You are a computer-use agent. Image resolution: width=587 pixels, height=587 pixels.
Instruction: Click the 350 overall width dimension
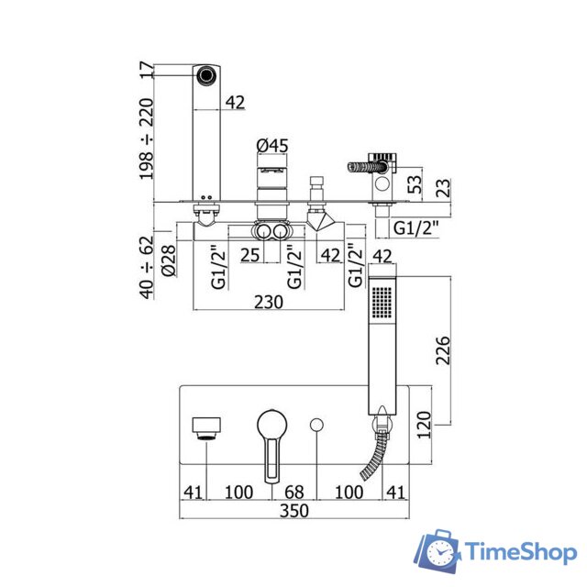point(294,511)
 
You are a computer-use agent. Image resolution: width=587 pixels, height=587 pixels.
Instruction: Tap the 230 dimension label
point(269,302)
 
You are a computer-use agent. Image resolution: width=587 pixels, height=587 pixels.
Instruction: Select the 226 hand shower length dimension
point(443,350)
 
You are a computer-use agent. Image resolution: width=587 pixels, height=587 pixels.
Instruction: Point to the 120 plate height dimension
point(424,425)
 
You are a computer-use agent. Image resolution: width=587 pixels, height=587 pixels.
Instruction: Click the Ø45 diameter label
point(272,146)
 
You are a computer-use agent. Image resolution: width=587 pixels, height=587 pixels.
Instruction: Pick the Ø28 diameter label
point(169,260)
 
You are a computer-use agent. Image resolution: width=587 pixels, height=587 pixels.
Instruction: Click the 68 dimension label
point(293,493)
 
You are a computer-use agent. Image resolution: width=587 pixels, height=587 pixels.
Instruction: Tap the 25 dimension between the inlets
point(250,255)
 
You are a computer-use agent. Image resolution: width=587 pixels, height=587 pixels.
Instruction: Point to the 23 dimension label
point(443,188)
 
